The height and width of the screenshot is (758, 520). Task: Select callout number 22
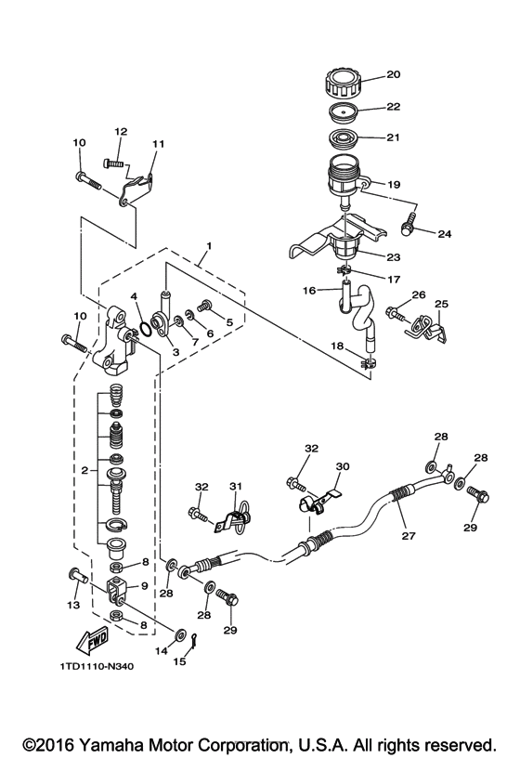click(393, 108)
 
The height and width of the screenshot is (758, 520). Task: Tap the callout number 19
click(394, 185)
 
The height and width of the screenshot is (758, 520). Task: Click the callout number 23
click(394, 257)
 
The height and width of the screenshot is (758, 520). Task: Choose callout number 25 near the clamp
click(441, 304)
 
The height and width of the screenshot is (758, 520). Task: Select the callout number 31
click(235, 485)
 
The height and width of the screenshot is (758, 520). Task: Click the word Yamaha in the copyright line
click(112, 745)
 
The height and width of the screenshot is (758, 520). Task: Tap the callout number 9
click(143, 586)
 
